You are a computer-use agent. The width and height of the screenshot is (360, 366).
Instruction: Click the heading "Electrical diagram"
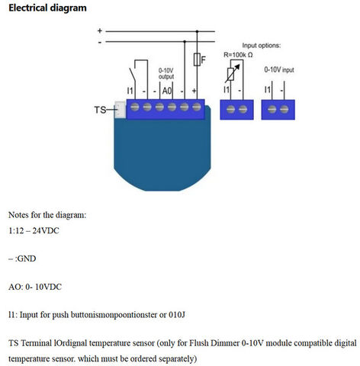pyautogui.click(x=47, y=8)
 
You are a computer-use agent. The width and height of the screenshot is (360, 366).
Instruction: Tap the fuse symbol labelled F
pyautogui.click(x=197, y=59)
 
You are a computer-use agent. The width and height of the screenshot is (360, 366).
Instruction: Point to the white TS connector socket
pyautogui.click(x=120, y=110)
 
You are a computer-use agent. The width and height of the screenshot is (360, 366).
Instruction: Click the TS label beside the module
pyautogui.click(x=100, y=110)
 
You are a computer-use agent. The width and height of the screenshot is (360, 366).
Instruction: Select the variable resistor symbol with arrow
pyautogui.click(x=232, y=73)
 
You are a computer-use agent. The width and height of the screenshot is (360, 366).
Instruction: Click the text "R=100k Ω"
pyautogui.click(x=238, y=55)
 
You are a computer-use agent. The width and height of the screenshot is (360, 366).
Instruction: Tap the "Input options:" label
pyautogui.click(x=262, y=46)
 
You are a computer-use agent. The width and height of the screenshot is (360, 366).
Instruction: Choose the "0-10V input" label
pyautogui.click(x=279, y=69)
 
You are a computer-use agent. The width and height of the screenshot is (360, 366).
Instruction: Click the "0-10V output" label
pyautogui.click(x=166, y=73)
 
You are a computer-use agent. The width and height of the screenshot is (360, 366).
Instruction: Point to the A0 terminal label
pyautogui.click(x=167, y=91)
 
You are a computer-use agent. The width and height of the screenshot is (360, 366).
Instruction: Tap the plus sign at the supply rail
pyautogui.click(x=100, y=30)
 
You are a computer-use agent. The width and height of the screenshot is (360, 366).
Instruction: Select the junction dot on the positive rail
pyautogui.click(x=197, y=31)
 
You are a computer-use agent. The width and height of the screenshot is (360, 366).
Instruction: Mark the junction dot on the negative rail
pyautogui.click(x=185, y=41)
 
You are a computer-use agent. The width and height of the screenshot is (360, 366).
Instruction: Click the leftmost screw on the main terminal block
pyautogui.click(x=135, y=107)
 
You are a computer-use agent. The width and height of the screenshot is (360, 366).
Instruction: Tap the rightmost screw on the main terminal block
pyautogui.click(x=197, y=107)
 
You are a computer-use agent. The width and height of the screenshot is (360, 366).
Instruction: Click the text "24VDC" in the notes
pyautogui.click(x=46, y=230)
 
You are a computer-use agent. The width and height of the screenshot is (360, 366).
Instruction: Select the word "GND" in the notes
pyautogui.click(x=27, y=258)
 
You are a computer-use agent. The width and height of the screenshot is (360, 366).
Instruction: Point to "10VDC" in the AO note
pyautogui.click(x=48, y=287)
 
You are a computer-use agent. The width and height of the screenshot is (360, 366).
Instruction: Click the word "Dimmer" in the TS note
pyautogui.click(x=225, y=343)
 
